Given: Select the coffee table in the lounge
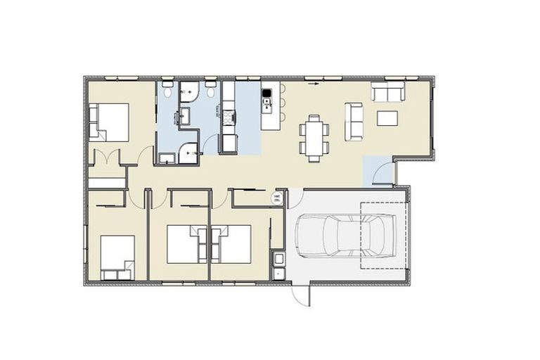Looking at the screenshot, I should tap(387, 117).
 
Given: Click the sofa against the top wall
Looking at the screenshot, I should tap(387, 92).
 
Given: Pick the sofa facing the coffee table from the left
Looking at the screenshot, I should tap(353, 120).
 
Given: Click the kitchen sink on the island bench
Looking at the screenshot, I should tap(267, 106).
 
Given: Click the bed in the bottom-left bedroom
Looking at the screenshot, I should tap(116, 257).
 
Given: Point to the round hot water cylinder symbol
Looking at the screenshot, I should tap(277, 198).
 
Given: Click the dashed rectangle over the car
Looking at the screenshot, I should tap(384, 236).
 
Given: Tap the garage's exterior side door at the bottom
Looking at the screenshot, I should tap(301, 295).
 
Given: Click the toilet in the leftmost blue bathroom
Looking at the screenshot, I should tap(167, 91).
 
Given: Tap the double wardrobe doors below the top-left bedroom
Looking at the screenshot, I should tap(106, 159).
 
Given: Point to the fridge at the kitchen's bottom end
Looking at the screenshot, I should tap(229, 143).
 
